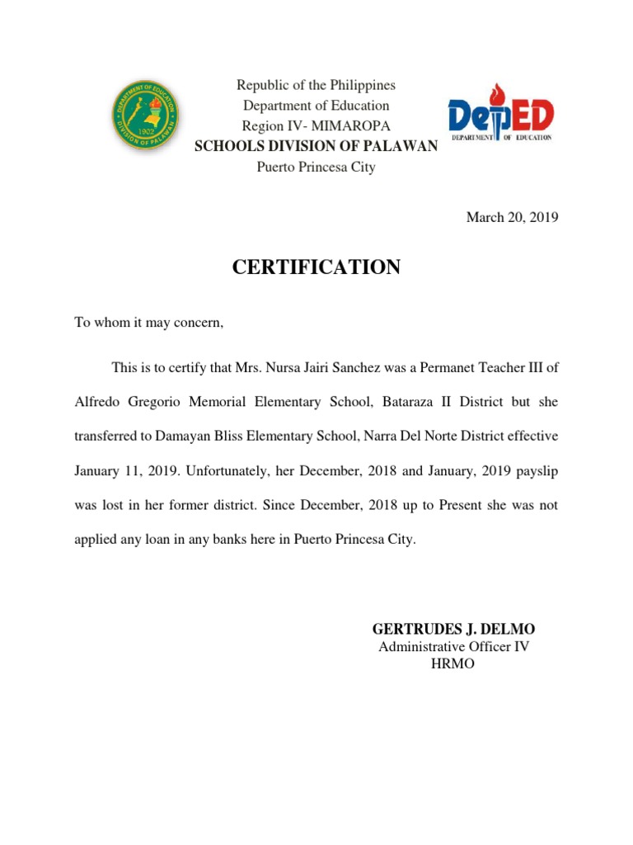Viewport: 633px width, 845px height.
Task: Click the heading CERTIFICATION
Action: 316,267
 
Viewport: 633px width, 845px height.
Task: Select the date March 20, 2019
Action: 513,218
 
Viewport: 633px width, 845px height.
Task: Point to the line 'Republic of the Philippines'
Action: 316,86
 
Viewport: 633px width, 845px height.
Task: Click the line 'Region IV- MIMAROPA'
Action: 316,126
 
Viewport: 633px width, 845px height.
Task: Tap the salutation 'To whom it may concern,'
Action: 149,323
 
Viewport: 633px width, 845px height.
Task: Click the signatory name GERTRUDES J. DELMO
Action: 453,630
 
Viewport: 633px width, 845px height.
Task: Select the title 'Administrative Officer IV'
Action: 453,647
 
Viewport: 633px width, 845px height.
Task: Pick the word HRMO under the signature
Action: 453,664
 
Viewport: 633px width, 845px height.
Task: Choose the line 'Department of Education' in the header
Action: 316,106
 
